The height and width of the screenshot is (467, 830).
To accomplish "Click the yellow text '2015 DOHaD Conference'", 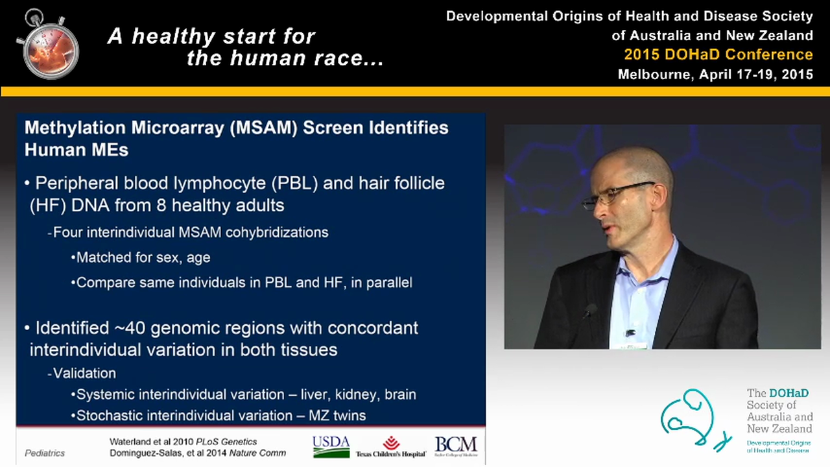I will (718, 54).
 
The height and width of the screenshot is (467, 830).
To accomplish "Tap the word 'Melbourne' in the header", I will (655, 74).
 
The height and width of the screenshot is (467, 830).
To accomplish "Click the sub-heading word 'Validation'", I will (84, 373).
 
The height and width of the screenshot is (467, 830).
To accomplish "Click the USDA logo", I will (331, 446).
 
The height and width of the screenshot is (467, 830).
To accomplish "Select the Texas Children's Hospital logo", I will (390, 447).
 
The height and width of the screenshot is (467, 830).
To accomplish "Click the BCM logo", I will (456, 446).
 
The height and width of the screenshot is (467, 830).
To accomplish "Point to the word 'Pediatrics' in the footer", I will (45, 453).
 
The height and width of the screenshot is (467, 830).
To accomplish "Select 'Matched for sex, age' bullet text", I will (143, 257).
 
